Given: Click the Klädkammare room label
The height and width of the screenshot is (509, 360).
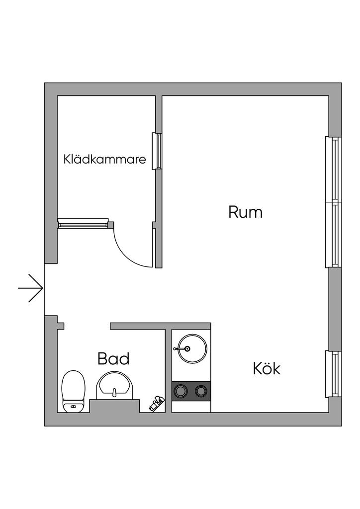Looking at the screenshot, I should pos(105,160).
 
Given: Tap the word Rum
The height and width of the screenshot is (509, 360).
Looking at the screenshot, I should pos(245,212).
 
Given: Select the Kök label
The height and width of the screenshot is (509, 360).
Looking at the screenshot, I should pos(267,369).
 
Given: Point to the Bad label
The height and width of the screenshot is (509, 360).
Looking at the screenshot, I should pos(113,358).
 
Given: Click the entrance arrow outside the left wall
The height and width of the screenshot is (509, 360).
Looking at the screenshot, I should pos(31,288).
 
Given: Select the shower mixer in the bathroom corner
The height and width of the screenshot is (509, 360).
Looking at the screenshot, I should pos(157,403).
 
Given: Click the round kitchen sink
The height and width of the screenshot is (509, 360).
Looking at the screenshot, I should pos(191,348).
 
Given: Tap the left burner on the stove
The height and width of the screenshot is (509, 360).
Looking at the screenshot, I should pos(180,391).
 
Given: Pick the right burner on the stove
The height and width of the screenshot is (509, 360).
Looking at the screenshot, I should pos(201,391).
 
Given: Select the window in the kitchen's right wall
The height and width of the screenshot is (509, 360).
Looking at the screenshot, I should pos(334,374).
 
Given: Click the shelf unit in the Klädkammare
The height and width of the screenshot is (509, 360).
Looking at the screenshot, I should pos(83,223).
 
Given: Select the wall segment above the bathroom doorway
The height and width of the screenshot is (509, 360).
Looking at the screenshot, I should pos(137,326).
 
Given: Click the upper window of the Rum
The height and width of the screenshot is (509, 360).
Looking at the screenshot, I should pos(334,169).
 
